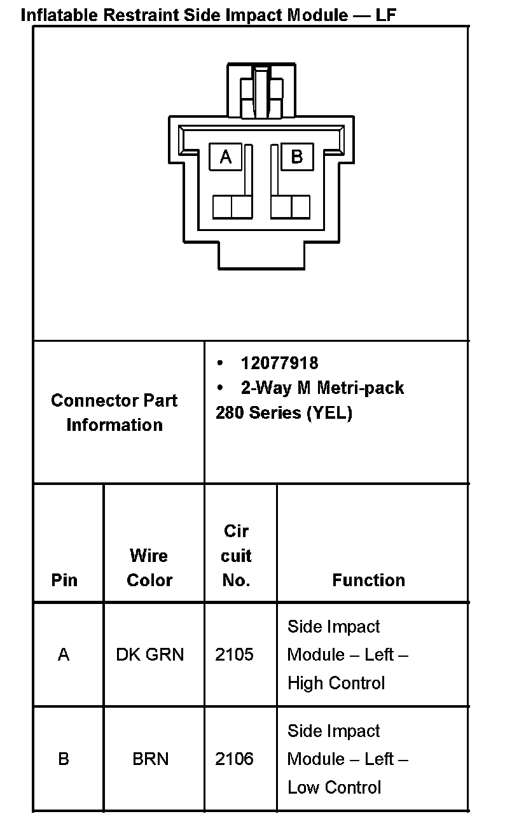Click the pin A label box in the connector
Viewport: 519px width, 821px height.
point(226,156)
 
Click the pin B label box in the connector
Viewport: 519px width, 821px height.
point(296,156)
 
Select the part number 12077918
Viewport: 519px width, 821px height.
point(279,363)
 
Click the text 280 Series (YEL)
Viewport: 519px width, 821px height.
point(284,413)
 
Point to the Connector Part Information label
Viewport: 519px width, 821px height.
point(114,412)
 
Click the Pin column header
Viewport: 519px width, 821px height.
point(64,580)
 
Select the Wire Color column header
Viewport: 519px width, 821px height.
point(149,568)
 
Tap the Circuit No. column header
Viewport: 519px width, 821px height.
point(236,556)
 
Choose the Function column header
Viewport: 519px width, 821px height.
point(368,580)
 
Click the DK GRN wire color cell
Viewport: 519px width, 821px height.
point(150,654)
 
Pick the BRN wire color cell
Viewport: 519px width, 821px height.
point(151,759)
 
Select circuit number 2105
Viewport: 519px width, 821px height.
point(234,654)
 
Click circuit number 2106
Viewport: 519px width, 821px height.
point(234,759)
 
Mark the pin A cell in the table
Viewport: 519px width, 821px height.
point(64,654)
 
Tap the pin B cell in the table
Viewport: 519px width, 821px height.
point(64,759)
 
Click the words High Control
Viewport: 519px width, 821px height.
point(336,684)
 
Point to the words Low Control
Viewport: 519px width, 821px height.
point(335,788)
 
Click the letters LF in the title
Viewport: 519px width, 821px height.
point(385,15)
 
